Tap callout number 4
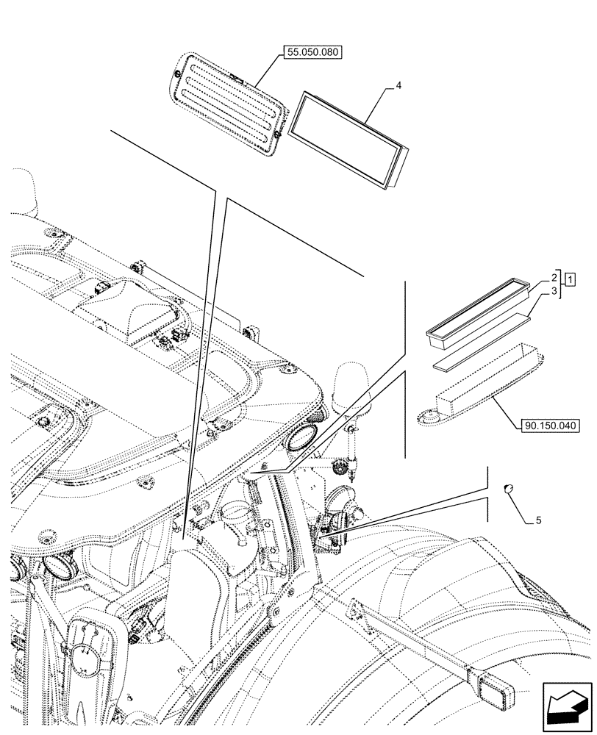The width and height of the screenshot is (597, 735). pos(398,86)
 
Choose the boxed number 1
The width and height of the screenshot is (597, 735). pos(571,279)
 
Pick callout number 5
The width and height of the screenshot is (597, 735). pos(538,520)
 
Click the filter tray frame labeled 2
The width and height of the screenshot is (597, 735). pos(477,311)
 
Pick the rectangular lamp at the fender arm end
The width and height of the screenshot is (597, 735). pos(490,694)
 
